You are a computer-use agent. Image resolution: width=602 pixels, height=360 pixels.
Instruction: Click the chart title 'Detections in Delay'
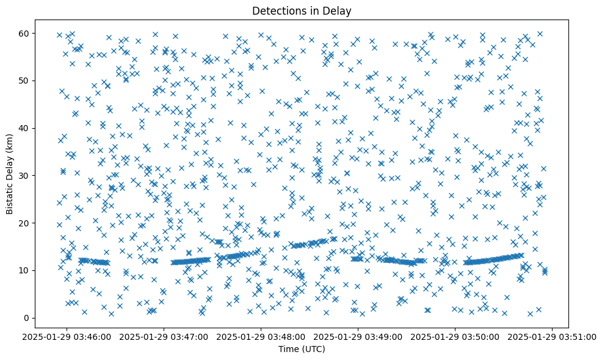302,10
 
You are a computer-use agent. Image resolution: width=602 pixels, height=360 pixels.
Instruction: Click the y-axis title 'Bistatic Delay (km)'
10,175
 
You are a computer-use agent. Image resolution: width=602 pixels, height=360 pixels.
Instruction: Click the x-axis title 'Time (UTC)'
302,349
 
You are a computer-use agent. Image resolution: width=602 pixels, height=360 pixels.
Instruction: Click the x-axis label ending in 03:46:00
67,336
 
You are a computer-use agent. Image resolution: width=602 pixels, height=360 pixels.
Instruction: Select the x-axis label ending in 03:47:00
164,336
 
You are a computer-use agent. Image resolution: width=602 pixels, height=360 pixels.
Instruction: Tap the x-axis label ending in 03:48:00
261,336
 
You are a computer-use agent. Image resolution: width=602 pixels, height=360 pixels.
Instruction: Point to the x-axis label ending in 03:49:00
358,336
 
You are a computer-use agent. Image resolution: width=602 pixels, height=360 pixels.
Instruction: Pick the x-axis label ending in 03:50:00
455,336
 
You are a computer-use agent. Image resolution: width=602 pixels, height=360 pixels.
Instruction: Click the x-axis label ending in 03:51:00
553,336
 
